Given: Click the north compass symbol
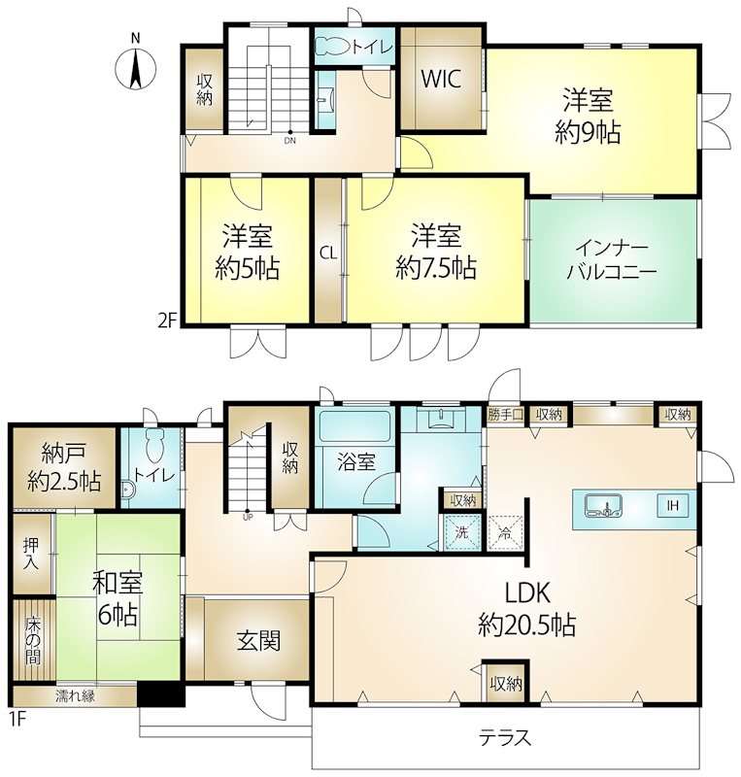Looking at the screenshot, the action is (135, 64).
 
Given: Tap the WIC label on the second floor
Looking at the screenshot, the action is (441, 79).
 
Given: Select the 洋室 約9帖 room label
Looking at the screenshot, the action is (588, 117).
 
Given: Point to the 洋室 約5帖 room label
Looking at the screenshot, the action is (248, 252).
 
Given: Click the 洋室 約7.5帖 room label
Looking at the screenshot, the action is (436, 252).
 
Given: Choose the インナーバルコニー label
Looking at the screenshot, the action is (612, 259).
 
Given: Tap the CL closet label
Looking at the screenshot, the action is (328, 253).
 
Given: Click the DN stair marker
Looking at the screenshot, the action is (290, 140).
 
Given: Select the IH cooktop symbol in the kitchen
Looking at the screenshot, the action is (673, 505).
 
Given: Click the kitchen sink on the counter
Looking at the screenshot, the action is (604, 505).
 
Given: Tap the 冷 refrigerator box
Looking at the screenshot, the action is (505, 532).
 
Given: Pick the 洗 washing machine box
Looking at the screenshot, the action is (462, 532).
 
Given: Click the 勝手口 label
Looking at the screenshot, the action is (505, 415).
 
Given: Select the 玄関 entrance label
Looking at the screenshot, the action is (258, 641).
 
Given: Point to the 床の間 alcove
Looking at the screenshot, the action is (34, 640).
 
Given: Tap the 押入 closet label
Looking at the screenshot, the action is (31, 554).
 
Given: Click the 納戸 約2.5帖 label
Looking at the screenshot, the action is (64, 467).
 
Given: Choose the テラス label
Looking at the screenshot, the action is (505, 738).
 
